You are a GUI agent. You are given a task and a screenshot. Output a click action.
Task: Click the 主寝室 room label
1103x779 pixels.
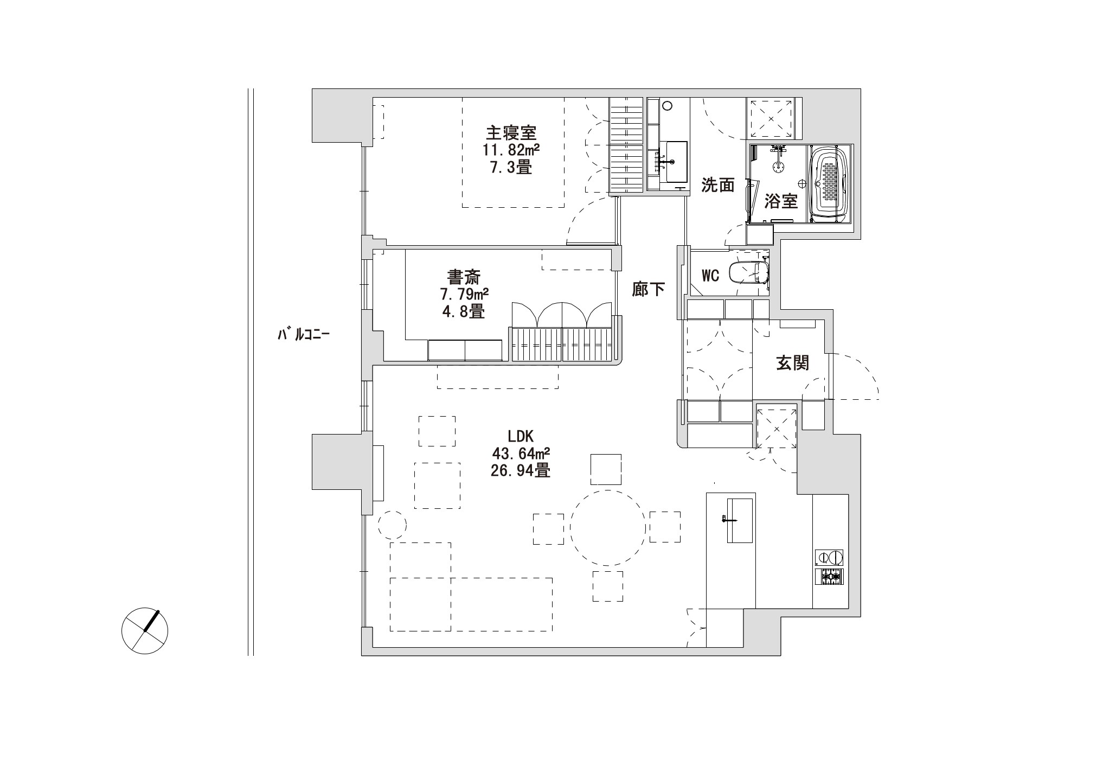point(511,133)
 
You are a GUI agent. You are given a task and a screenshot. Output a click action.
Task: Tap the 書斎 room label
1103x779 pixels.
point(463,278)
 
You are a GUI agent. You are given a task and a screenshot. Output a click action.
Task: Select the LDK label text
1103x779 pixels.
point(521,436)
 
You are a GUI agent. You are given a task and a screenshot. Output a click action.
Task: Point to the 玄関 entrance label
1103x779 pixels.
point(793,363)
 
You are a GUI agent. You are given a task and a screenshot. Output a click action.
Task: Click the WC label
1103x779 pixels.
point(710,276)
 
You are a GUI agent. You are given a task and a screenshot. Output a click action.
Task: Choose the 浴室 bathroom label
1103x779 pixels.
point(781,202)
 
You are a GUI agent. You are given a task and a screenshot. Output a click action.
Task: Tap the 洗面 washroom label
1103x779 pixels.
point(718,185)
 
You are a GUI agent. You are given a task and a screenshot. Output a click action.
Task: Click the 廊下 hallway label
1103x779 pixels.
point(649,290)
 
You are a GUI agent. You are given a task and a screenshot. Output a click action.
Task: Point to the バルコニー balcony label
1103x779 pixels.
point(304,334)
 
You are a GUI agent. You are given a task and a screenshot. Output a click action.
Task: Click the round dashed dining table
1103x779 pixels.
point(607,528)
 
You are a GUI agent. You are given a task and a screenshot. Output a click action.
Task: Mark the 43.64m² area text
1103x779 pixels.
point(521,453)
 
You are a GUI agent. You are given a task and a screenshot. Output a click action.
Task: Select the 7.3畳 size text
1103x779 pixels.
point(511,167)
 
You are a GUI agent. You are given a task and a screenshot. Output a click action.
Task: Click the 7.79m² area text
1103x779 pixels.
point(464,295)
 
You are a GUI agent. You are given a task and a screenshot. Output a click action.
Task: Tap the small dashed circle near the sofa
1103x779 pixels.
point(392,524)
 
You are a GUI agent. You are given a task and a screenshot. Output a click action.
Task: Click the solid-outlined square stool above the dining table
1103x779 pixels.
point(606,469)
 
